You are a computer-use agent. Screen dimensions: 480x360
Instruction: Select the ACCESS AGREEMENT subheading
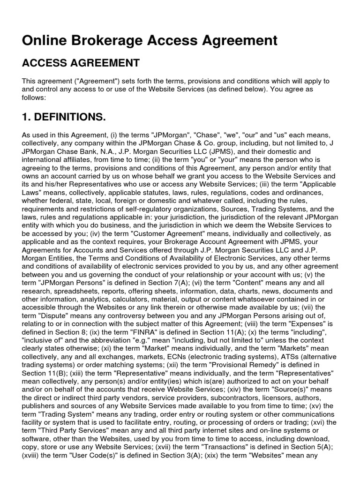click(x=81, y=63)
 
